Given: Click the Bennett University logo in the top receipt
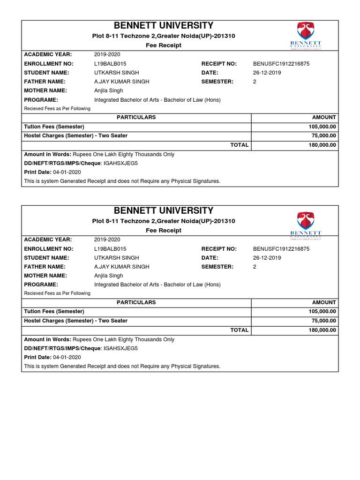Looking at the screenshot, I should pos(306,36).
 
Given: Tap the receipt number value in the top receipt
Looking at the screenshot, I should pos(281,64).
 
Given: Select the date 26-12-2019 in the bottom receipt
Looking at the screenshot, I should pos(267,258).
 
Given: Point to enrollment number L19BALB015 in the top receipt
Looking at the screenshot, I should pos(110,64).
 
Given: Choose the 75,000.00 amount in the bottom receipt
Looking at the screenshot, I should pos(323,321).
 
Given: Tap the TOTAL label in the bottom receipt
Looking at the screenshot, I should pos(240,330).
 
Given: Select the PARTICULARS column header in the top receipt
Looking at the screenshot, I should pos(136,117).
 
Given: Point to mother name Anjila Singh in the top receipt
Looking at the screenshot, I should pos(109,90).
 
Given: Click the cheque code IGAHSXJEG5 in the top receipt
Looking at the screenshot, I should pos(120,163).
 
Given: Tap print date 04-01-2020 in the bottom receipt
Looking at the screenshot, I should pos(67,357).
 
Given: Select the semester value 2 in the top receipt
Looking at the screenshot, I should pos(255,82).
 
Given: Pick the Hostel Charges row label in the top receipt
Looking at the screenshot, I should pos(75,136).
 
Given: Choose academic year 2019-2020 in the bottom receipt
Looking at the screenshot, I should pos(107,240).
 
